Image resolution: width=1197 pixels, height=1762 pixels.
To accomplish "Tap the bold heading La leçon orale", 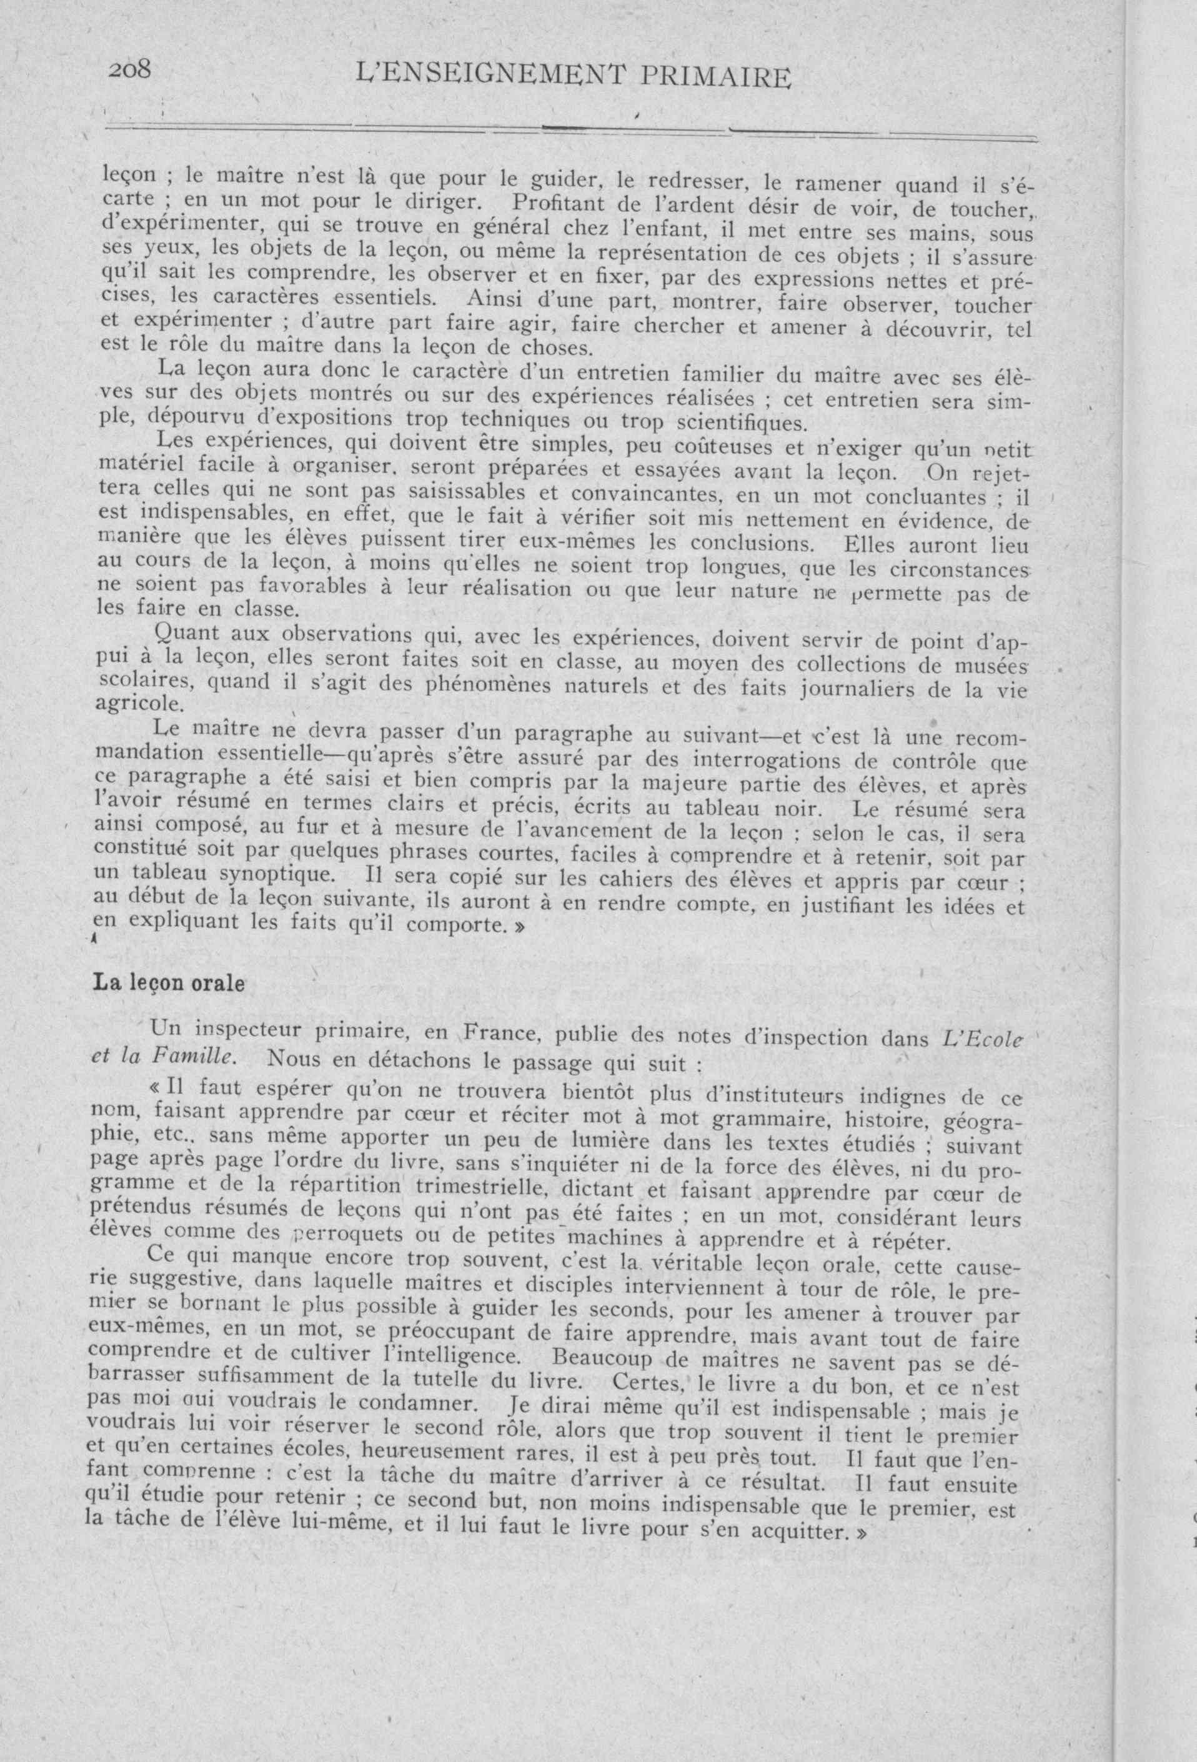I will click(x=168, y=983).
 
